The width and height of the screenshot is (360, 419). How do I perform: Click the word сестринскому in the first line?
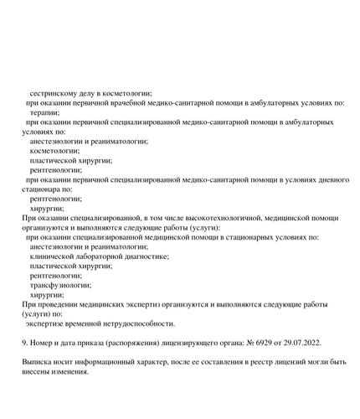(55, 92)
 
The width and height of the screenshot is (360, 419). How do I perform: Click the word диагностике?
(144, 256)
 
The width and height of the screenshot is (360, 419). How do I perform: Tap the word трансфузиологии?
(60, 285)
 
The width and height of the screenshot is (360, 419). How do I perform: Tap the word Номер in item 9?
(45, 343)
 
